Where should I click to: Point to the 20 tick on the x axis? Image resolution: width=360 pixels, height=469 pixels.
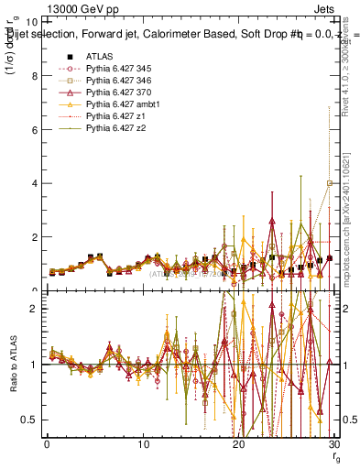pos(239,444)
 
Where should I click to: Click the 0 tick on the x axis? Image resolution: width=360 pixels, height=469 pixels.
pos(47,444)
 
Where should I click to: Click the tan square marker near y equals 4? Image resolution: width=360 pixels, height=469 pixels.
pos(329,183)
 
